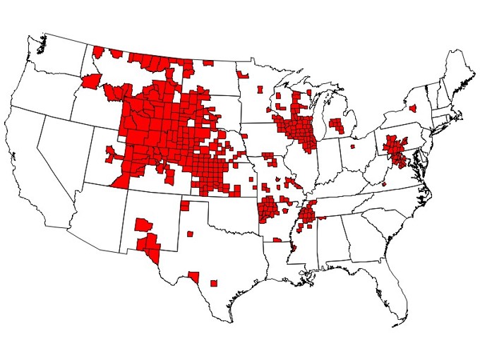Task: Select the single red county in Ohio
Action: [352, 147]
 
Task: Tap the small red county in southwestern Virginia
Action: [384, 184]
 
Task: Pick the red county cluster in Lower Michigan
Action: [337, 126]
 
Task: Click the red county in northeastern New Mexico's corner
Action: [184, 206]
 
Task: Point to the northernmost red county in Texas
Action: [190, 234]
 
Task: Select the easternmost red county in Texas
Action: [213, 283]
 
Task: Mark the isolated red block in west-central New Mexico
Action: [143, 225]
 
